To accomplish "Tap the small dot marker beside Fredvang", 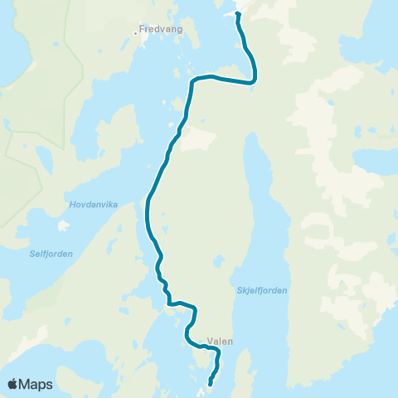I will [136, 34].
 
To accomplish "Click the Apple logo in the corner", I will [13, 384].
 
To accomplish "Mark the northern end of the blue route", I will [238, 13].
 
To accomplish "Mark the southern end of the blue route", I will [210, 383].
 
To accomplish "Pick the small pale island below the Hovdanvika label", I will [62, 225].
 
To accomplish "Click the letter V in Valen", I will [211, 341].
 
